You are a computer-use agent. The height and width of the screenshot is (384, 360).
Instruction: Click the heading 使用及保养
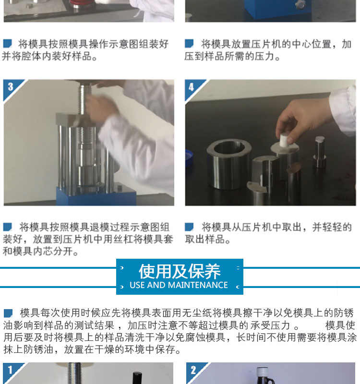(180, 271)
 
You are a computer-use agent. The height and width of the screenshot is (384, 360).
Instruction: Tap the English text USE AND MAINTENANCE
(179, 285)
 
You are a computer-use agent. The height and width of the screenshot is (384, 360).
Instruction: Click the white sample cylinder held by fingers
(284, 140)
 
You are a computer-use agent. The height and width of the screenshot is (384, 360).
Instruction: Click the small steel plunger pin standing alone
(320, 152)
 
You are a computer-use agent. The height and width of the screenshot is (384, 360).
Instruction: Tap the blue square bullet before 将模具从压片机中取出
(189, 227)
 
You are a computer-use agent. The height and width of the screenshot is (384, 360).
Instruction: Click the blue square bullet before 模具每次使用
(8, 313)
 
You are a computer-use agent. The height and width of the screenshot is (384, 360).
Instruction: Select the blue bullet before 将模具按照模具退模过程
(7, 227)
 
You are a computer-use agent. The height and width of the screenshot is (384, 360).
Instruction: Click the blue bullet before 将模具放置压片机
(189, 44)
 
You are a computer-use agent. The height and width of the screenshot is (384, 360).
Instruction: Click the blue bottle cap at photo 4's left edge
(189, 158)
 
